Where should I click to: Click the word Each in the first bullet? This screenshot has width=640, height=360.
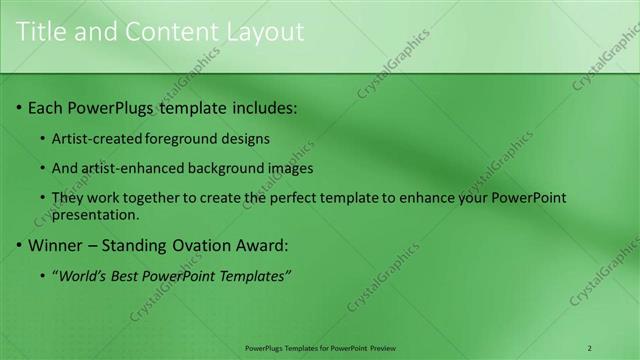coord(46,107)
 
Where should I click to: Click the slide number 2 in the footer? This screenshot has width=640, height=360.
coord(589,348)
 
